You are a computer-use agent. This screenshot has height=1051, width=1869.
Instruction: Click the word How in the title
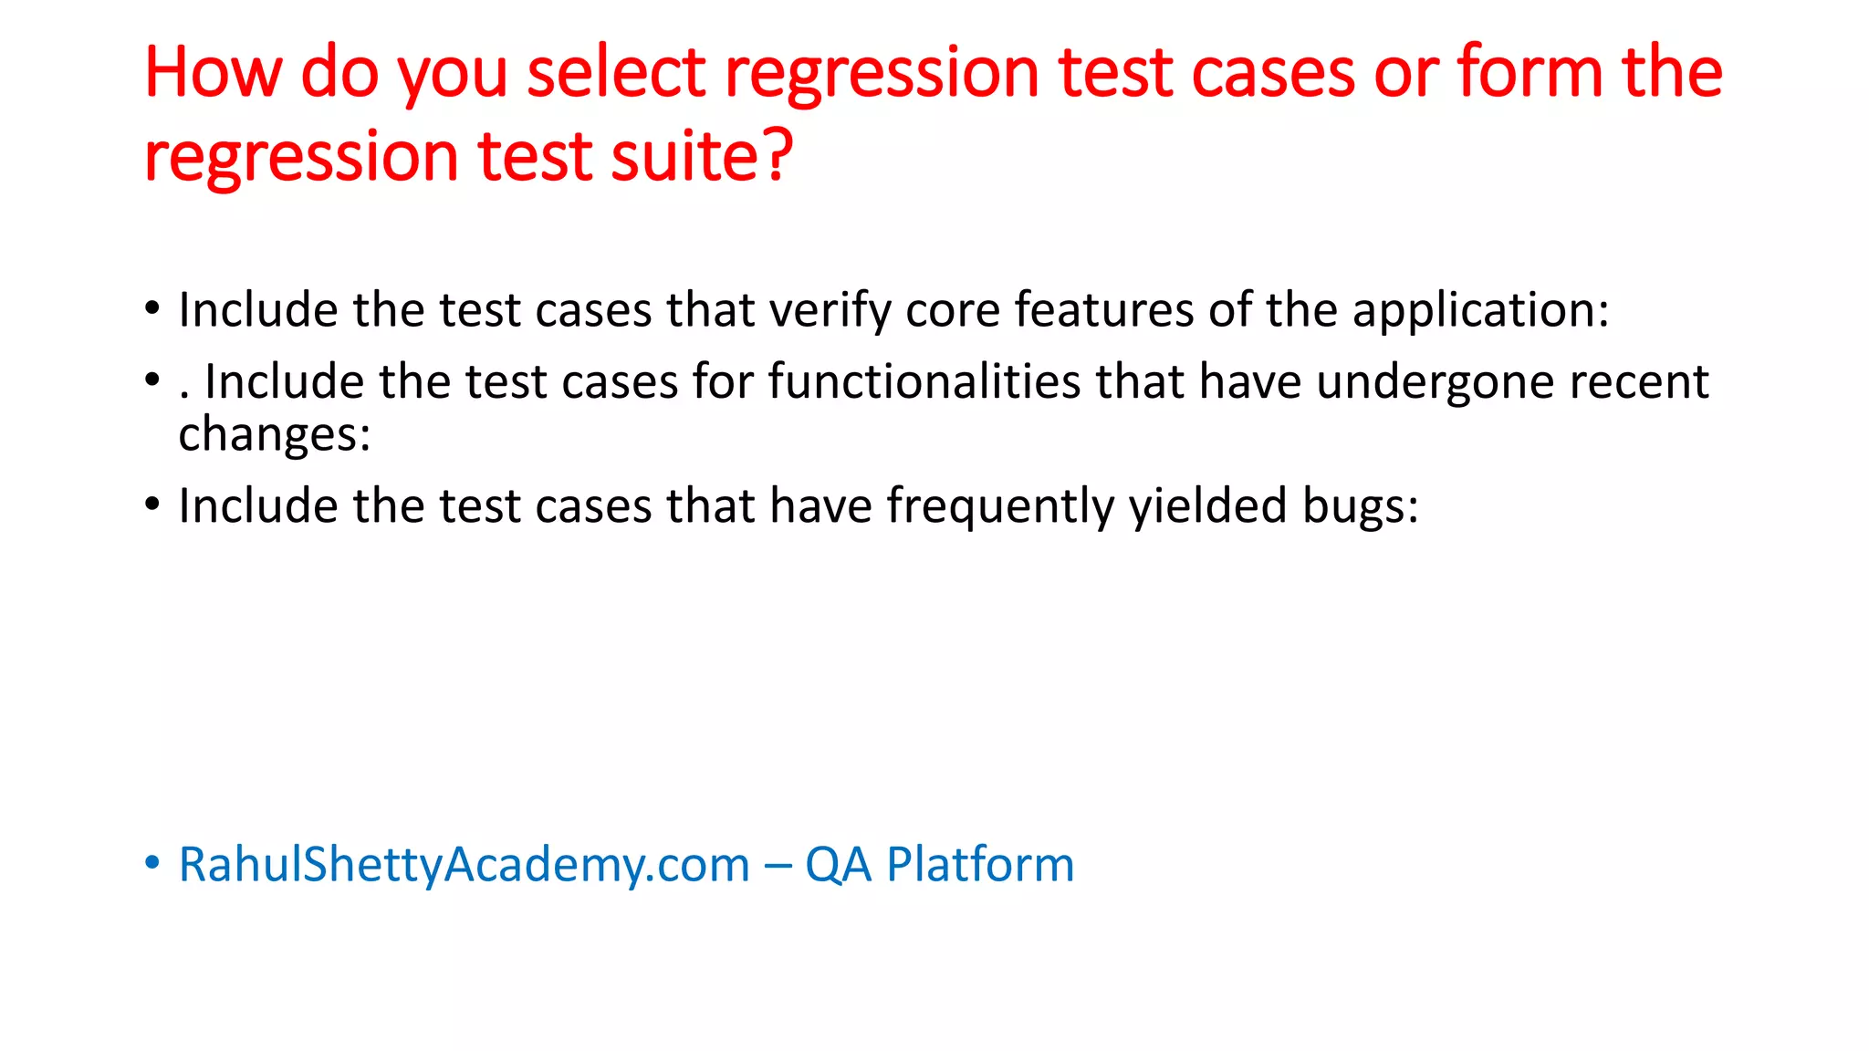coord(213,73)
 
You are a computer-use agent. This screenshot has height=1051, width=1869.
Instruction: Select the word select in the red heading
coord(617,73)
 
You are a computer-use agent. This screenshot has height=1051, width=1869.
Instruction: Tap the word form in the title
coord(1530,73)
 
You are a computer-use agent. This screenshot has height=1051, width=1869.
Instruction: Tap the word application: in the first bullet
coord(1480,311)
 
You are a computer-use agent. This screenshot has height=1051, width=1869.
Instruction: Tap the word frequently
coord(1000,507)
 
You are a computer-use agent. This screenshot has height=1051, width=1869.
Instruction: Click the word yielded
coord(1208,507)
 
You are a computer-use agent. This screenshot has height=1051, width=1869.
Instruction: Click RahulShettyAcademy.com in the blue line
coord(464,865)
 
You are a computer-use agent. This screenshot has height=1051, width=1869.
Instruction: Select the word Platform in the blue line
coord(980,865)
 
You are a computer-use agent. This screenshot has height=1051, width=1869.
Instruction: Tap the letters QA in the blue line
coord(838,865)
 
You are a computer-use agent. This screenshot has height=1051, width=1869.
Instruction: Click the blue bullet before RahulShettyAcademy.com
coord(152,862)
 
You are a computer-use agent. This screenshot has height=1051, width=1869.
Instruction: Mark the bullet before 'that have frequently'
coord(152,504)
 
